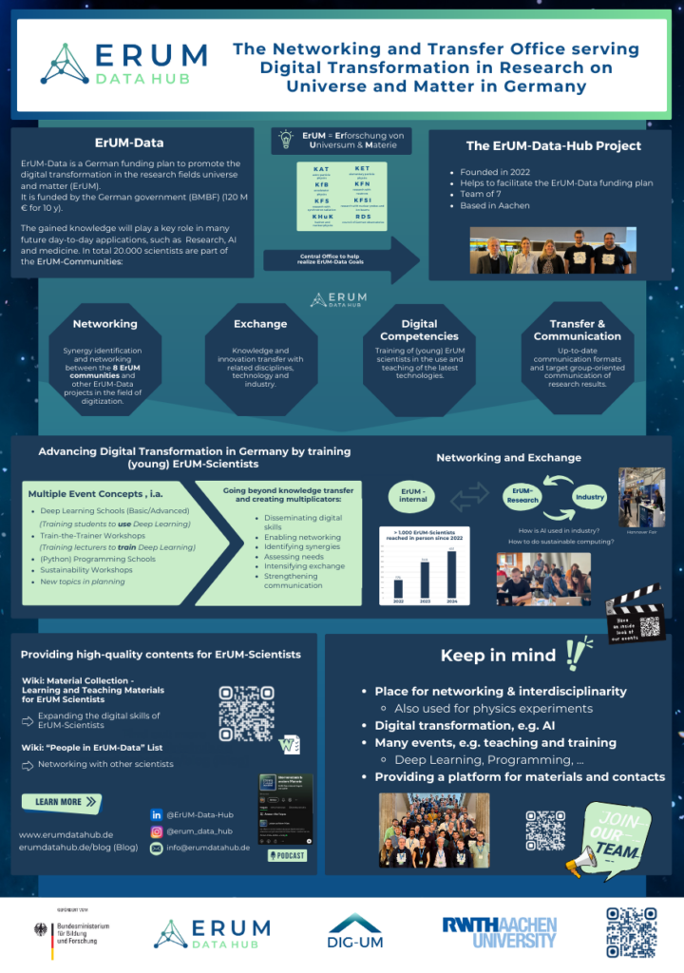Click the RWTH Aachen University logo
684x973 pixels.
point(500,931)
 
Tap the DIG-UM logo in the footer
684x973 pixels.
point(355,931)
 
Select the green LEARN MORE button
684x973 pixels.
point(61,802)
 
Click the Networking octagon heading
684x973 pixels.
point(104,324)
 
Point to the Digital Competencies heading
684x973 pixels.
point(419,330)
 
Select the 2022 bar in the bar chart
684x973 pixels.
point(398,588)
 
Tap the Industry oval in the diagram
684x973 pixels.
point(589,496)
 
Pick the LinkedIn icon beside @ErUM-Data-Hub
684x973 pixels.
point(156,814)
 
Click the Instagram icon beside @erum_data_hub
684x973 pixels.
point(156,830)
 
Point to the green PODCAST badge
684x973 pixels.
point(287,855)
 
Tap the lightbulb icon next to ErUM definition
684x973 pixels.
point(283,140)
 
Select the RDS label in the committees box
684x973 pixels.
point(363,216)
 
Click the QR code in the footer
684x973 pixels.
point(631,930)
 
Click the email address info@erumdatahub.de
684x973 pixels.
point(208,847)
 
